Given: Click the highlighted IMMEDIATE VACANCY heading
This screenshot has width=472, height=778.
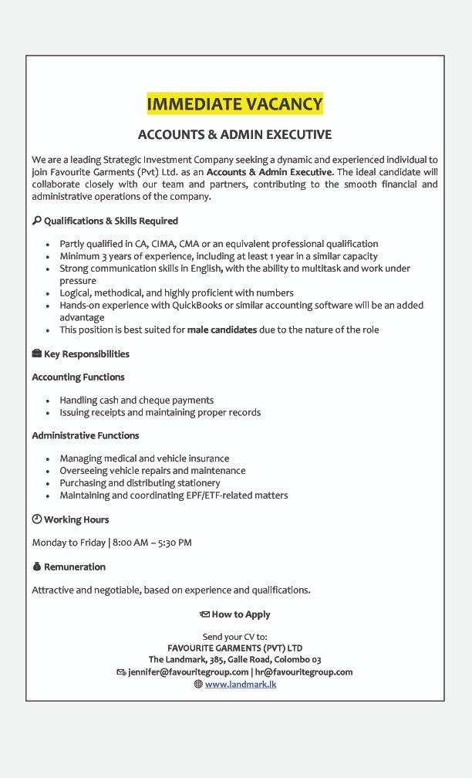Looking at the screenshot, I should [x=234, y=103].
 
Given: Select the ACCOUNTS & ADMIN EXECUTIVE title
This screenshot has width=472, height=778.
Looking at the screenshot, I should [x=234, y=134].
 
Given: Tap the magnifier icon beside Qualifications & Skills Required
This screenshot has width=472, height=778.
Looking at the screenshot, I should [x=36, y=221].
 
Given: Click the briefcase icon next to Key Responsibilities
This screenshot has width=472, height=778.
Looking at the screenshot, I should [x=36, y=354].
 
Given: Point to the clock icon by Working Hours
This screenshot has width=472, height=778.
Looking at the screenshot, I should [x=36, y=519].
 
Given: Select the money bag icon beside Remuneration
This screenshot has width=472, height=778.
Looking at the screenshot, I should [x=36, y=567].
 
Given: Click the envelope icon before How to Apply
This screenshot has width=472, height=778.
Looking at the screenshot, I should [x=204, y=615].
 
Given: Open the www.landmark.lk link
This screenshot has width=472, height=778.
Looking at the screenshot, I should [x=241, y=684].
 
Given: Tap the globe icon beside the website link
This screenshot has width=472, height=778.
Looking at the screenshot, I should [x=198, y=684].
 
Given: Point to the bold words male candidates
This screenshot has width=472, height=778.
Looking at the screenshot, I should [x=222, y=330].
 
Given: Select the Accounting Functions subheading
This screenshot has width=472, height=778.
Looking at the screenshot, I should [x=78, y=377].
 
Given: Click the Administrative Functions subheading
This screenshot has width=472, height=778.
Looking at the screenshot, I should [x=85, y=435].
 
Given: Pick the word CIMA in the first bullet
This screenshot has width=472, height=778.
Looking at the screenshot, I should [x=163, y=244].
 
